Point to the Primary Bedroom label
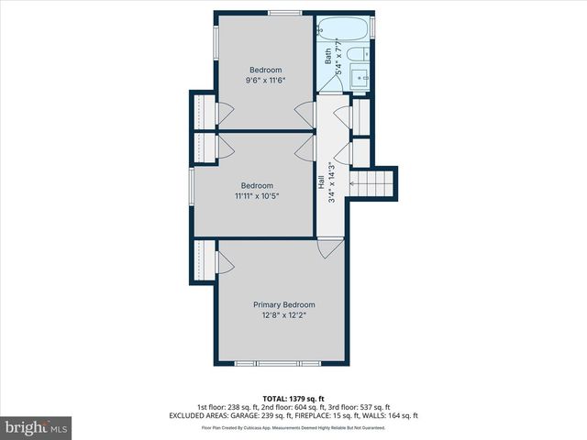(x=284, y=304)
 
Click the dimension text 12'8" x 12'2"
(x=284, y=316)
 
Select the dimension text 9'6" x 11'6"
(x=266, y=82)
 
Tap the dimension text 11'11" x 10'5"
(x=257, y=195)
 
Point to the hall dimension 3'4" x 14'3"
(x=332, y=183)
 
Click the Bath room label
(x=327, y=56)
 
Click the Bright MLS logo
(x=37, y=427)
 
